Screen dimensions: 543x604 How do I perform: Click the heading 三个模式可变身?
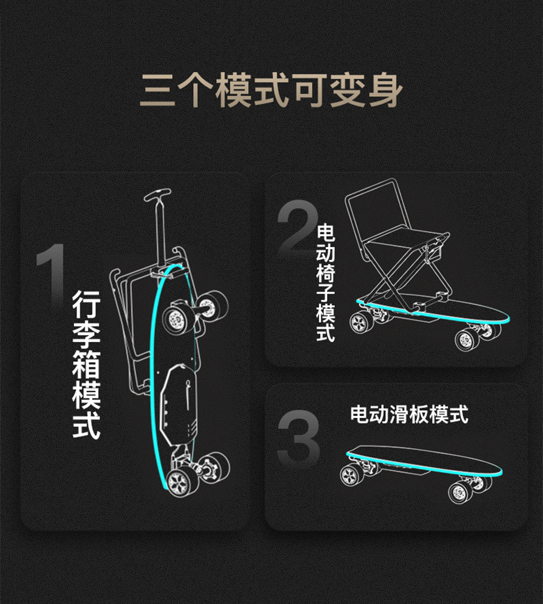(271, 91)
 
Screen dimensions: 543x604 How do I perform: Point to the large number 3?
(299, 437)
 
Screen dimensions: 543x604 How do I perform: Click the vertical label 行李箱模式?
(86, 364)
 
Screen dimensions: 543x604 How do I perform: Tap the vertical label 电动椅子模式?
(326, 283)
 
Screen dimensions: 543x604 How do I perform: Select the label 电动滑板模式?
(409, 415)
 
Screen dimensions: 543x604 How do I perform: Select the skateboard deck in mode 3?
(425, 460)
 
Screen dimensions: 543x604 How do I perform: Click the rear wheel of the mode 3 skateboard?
(352, 475)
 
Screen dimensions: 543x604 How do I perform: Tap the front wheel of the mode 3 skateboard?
(460, 492)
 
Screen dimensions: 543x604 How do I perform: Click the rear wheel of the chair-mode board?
(361, 322)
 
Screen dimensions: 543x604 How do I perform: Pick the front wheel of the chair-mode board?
(467, 340)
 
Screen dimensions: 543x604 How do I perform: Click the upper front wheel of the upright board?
(176, 319)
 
